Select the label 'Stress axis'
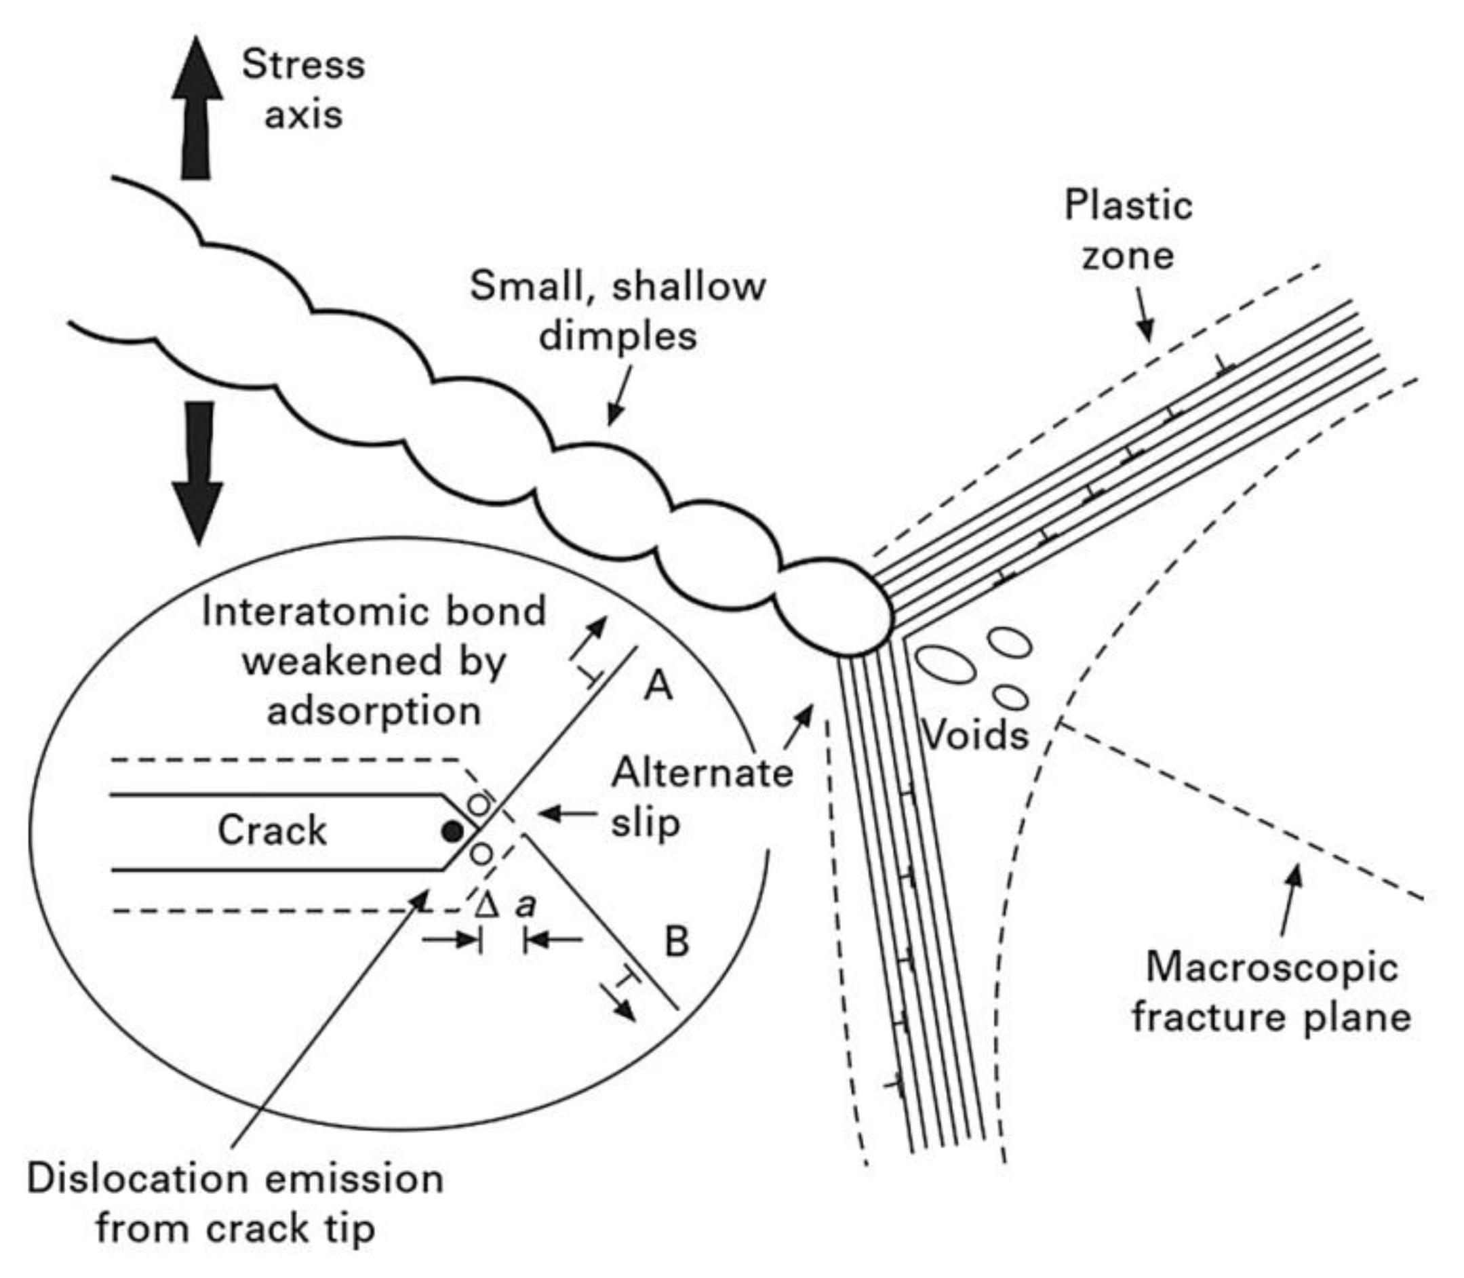pyautogui.click(x=303, y=89)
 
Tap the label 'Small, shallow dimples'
pyautogui.click(x=618, y=311)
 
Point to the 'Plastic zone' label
pyautogui.click(x=1128, y=230)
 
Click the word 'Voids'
pyautogui.click(x=976, y=734)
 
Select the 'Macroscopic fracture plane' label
pyautogui.click(x=1271, y=992)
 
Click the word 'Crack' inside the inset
pyautogui.click(x=272, y=831)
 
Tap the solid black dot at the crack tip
pyautogui.click(x=452, y=831)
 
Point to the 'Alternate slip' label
pyautogui.click(x=702, y=797)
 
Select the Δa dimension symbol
pyautogui.click(x=506, y=906)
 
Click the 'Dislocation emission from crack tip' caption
pyautogui.click(x=235, y=1203)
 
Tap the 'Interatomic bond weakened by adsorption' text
pyautogui.click(x=374, y=661)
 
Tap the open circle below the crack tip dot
pyautogui.click(x=481, y=853)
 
